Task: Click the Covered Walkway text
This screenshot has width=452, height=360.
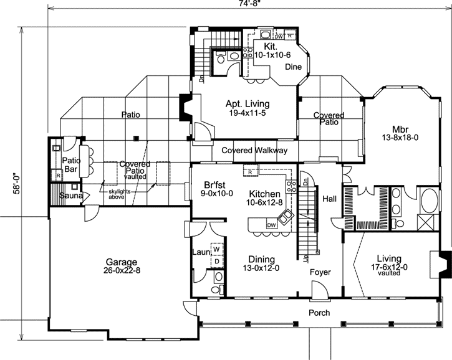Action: (x=253, y=151)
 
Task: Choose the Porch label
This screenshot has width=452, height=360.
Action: (x=319, y=313)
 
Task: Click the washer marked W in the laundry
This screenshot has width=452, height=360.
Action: (x=216, y=250)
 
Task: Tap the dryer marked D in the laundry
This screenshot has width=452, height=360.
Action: (x=216, y=261)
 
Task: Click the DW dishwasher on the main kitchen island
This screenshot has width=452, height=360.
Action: (x=271, y=225)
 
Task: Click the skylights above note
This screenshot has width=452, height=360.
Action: (x=118, y=194)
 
